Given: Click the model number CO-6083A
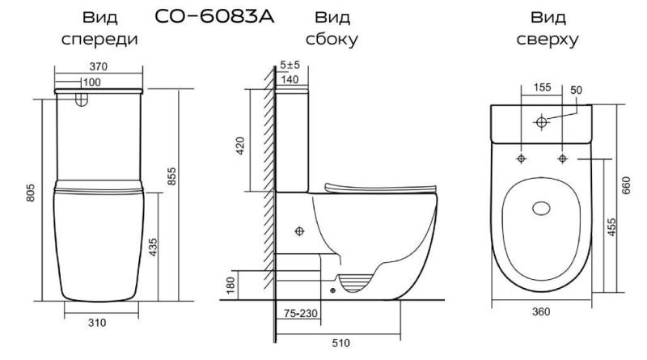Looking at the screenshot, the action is tap(214, 16).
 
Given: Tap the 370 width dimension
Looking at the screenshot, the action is tap(98, 66).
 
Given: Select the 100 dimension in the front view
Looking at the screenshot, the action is tap(91, 83).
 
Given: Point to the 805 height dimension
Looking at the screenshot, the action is tap(31, 193).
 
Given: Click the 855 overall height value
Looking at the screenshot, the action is tap(171, 176).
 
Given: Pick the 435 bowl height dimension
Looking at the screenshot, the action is tap(153, 247).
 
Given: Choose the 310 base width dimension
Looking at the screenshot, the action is tap(97, 323).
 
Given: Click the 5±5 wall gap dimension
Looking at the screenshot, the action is tap(290, 65).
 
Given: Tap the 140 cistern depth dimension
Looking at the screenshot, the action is tap(290, 79).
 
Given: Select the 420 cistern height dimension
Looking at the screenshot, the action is tap(240, 146).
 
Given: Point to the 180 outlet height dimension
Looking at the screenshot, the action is tap(230, 286).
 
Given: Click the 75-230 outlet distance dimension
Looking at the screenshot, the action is tap(301, 313).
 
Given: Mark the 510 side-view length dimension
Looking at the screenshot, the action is tap(340, 343).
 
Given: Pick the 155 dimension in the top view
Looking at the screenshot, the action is tap(542, 87).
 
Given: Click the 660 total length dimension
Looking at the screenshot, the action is tap(626, 186).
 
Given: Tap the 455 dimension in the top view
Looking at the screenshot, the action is tap(612, 227).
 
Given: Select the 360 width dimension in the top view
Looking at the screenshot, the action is tap(541, 311).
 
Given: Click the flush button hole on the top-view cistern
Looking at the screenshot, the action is tap(541, 122).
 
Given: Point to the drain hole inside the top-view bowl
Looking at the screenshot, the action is tap(541, 209).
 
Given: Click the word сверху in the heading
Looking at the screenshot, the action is tap(548, 39).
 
